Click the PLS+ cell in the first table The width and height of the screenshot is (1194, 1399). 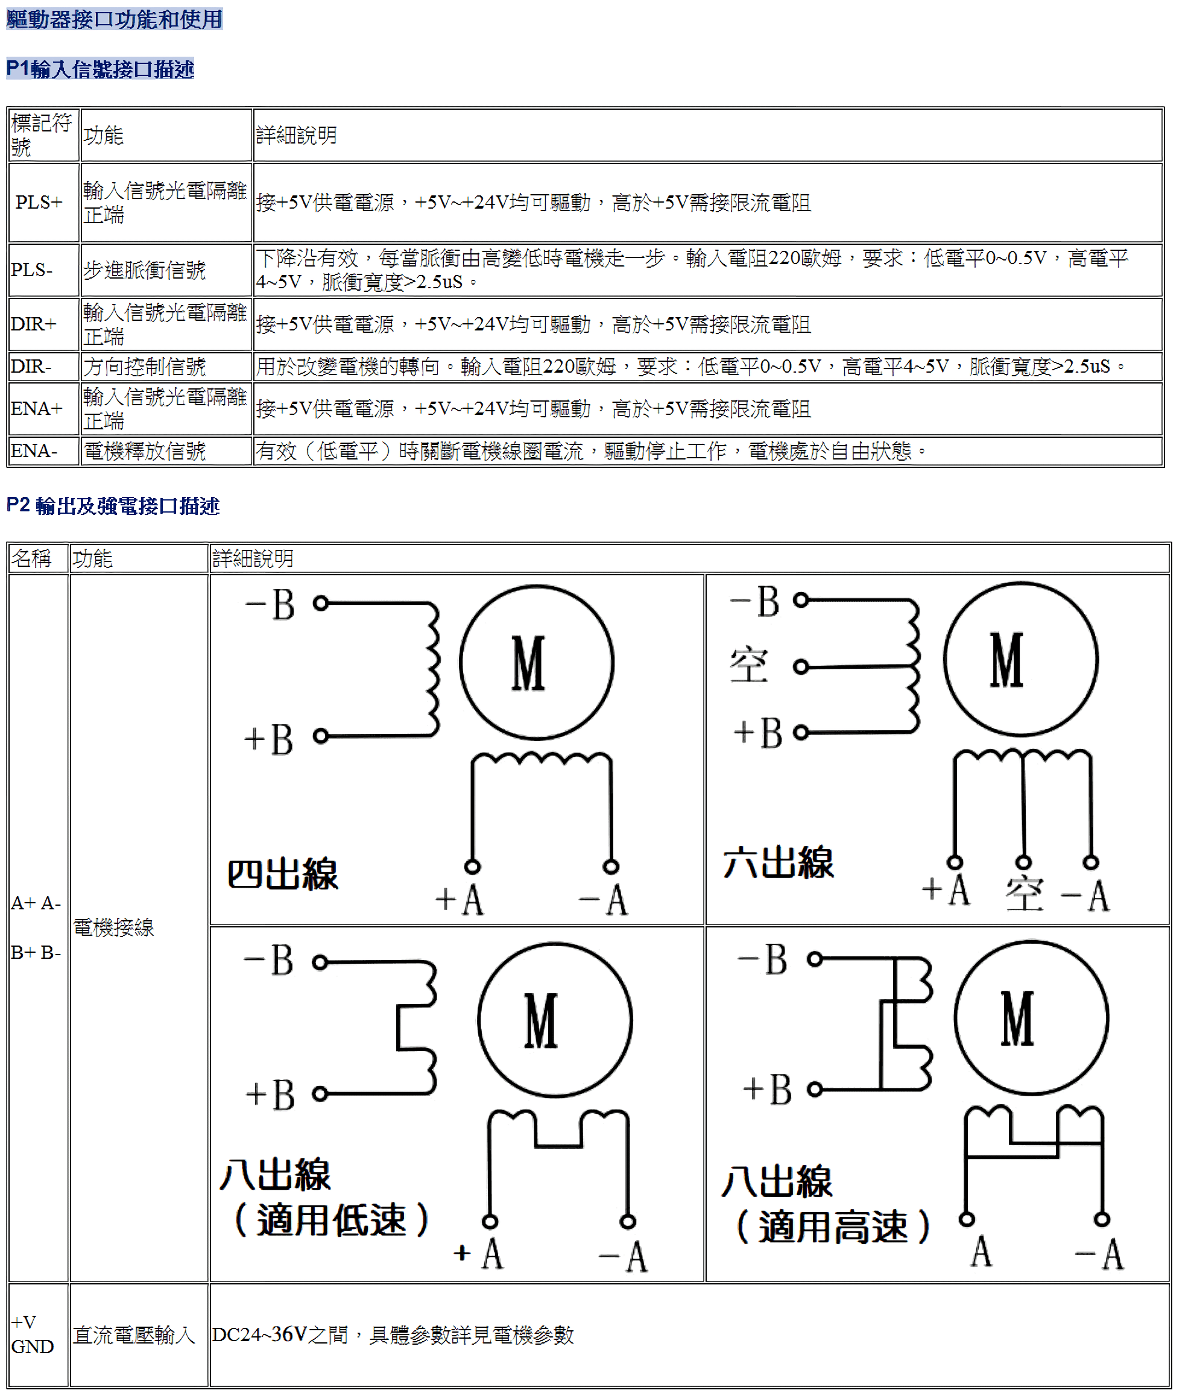(x=39, y=202)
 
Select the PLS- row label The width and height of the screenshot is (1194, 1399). (x=32, y=270)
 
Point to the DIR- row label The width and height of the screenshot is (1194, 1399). (x=31, y=366)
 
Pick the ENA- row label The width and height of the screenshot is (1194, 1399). (x=34, y=450)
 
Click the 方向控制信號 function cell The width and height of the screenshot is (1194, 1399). (x=145, y=367)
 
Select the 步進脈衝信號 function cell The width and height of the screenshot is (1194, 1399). (x=145, y=270)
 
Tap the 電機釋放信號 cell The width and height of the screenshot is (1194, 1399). (x=145, y=451)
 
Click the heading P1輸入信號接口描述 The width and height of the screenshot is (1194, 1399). (x=100, y=69)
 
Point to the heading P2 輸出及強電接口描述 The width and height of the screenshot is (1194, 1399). (x=113, y=506)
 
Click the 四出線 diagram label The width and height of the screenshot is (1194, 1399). (x=282, y=874)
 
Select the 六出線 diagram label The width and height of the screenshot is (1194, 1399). (x=778, y=863)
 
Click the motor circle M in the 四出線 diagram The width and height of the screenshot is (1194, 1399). (x=536, y=662)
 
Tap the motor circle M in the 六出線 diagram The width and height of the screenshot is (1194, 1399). (x=1020, y=659)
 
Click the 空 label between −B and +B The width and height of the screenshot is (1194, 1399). (x=748, y=666)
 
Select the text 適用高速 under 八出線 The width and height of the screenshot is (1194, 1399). (x=833, y=1227)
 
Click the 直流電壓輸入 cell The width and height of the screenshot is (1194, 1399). (x=134, y=1335)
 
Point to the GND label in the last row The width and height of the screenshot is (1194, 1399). (x=33, y=1347)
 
